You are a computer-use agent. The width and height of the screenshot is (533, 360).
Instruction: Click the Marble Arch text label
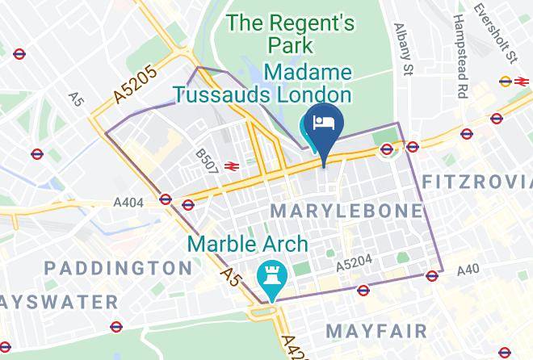tap(248, 243)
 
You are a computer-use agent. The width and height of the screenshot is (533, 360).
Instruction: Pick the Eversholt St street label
tap(507, 32)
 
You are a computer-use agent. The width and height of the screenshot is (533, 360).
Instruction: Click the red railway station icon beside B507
tap(231, 165)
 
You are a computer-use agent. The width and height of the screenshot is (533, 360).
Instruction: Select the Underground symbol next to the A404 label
tap(166, 199)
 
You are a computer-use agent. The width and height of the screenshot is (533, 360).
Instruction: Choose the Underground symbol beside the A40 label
tap(433, 274)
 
